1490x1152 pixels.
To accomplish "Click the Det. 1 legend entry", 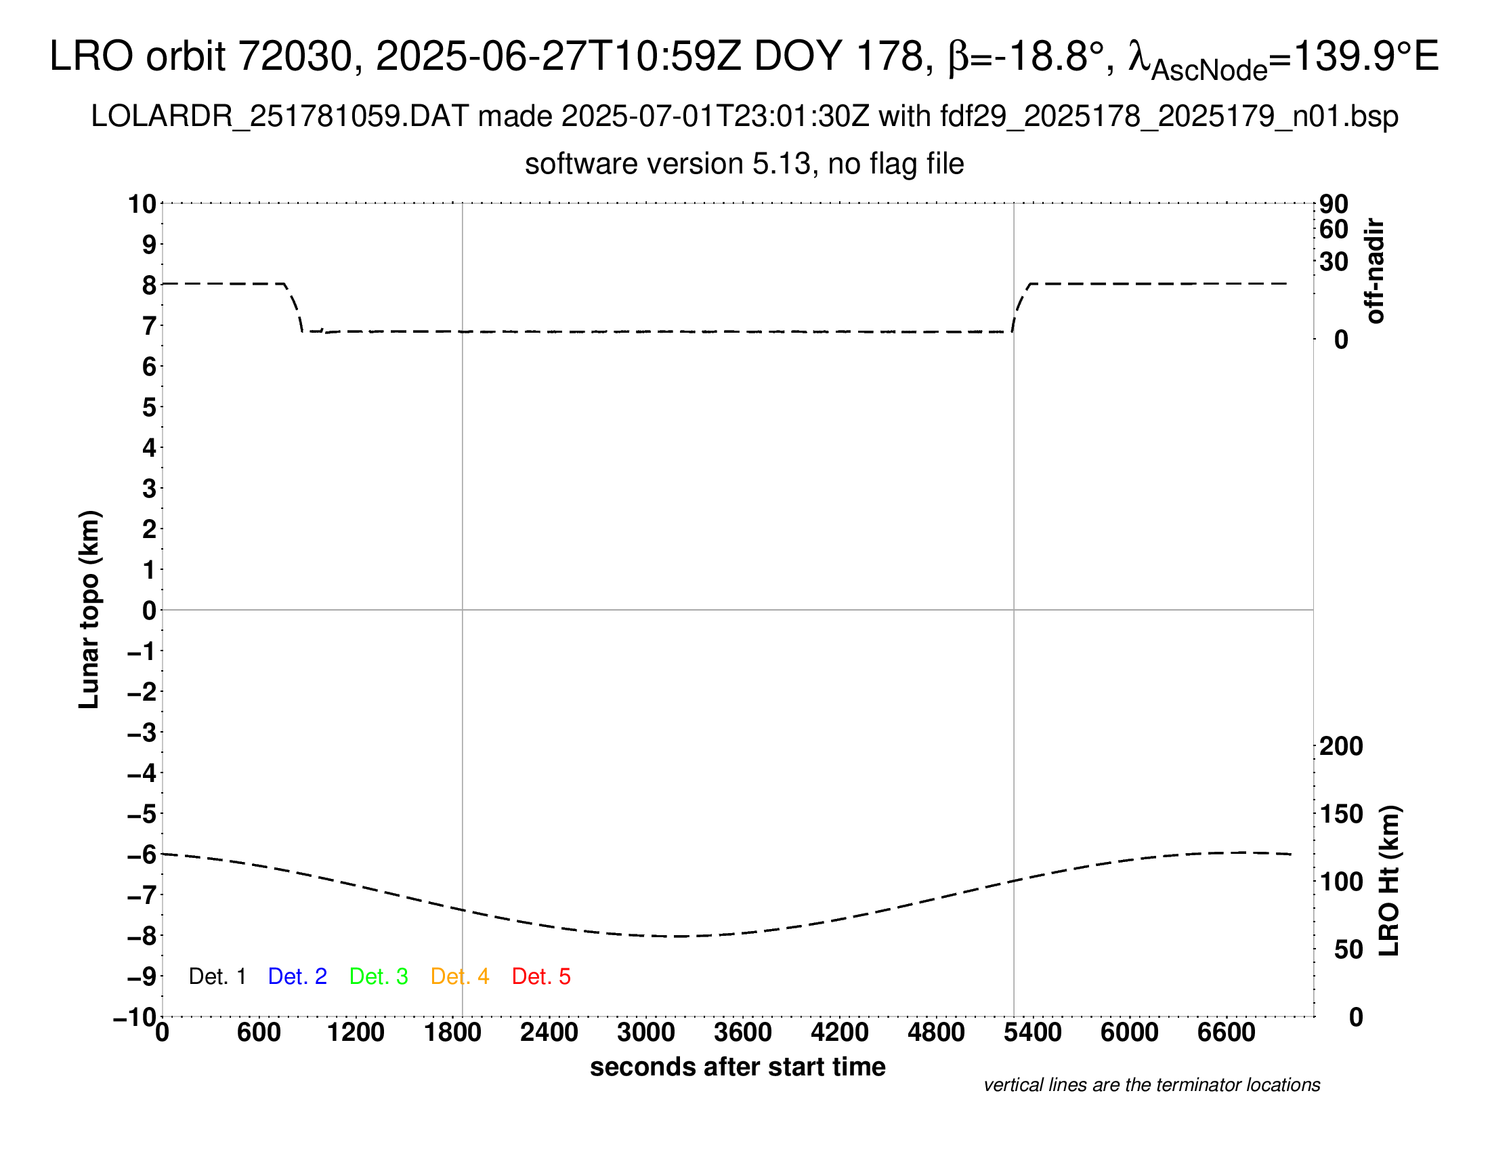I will point(217,976).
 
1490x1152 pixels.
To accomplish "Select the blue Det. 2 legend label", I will point(297,976).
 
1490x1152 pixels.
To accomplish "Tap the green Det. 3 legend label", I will point(379,976).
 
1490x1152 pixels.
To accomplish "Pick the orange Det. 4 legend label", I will point(460,976).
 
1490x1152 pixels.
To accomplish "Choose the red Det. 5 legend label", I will point(541,976).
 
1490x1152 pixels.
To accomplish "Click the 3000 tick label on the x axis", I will point(646,1033).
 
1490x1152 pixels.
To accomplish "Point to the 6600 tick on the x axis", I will point(1226,1033).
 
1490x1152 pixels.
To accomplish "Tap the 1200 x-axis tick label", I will point(356,1033).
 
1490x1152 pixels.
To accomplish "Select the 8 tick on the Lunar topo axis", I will point(149,285).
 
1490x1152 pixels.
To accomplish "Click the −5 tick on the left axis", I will point(142,814).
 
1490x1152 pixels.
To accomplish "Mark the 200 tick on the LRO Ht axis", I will point(1341,746).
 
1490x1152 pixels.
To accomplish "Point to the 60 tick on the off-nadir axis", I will point(1334,229).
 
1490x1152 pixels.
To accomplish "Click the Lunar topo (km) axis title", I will point(89,609).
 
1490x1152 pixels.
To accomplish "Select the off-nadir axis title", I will point(1375,271).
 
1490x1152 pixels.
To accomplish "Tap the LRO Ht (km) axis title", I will point(1389,881).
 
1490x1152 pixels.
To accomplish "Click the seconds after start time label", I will point(738,1067).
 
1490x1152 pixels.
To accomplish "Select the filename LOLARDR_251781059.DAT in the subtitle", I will point(280,117).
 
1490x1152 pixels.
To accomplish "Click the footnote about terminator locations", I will point(1151,1085).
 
